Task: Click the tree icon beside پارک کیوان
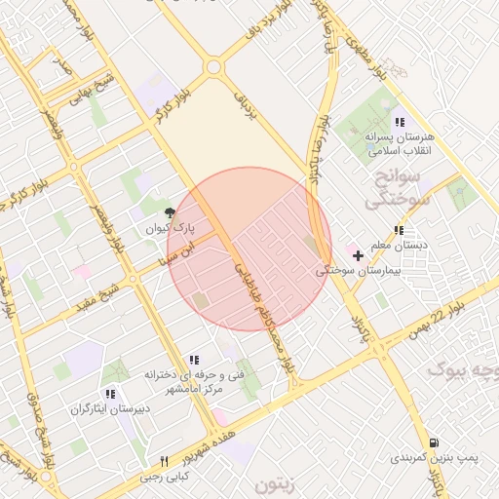point(170,211)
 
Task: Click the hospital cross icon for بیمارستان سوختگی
point(359,256)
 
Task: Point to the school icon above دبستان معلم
point(398,230)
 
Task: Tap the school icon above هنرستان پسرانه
point(399,122)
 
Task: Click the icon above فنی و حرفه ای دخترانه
point(193,359)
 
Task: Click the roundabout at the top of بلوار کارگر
point(212,67)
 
